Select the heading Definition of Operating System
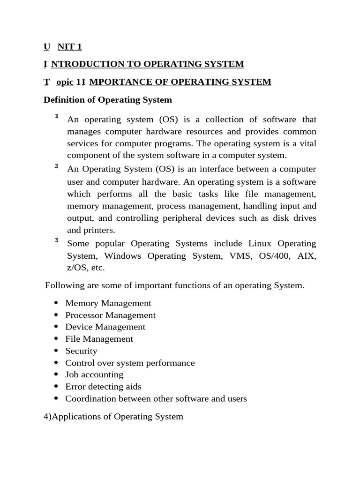tap(108, 100)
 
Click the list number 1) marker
tap(56, 116)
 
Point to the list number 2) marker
tap(56, 166)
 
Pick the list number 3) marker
tap(56, 240)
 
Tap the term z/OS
tap(78, 268)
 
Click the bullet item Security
tap(81, 351)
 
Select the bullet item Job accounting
tap(94, 375)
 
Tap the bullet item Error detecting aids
tap(103, 387)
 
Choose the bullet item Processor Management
tap(110, 315)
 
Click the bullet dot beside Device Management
tap(56, 327)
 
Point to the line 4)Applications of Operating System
tap(113, 416)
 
